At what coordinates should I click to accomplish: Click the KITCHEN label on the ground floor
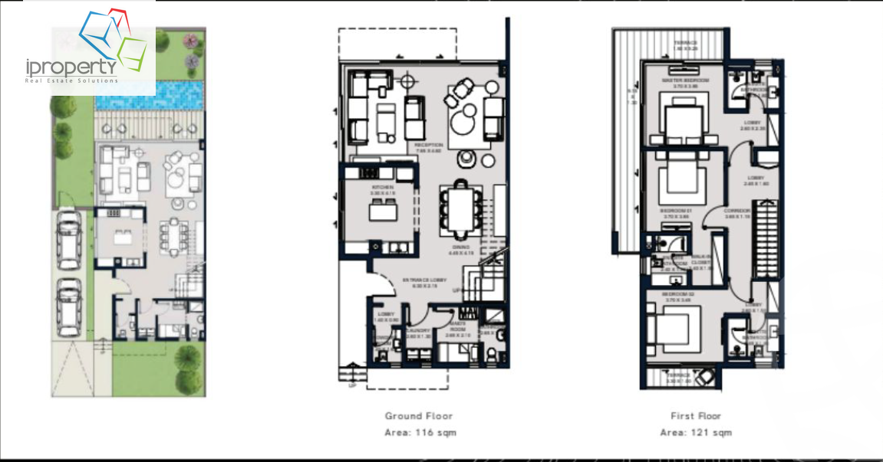point(382,187)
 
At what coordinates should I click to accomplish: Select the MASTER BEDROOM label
point(685,80)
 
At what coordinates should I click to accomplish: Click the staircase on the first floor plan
point(766,238)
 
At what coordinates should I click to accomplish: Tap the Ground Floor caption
point(419,416)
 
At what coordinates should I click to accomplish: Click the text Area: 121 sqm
point(696,433)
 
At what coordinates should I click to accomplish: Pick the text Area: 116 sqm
point(420,433)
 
